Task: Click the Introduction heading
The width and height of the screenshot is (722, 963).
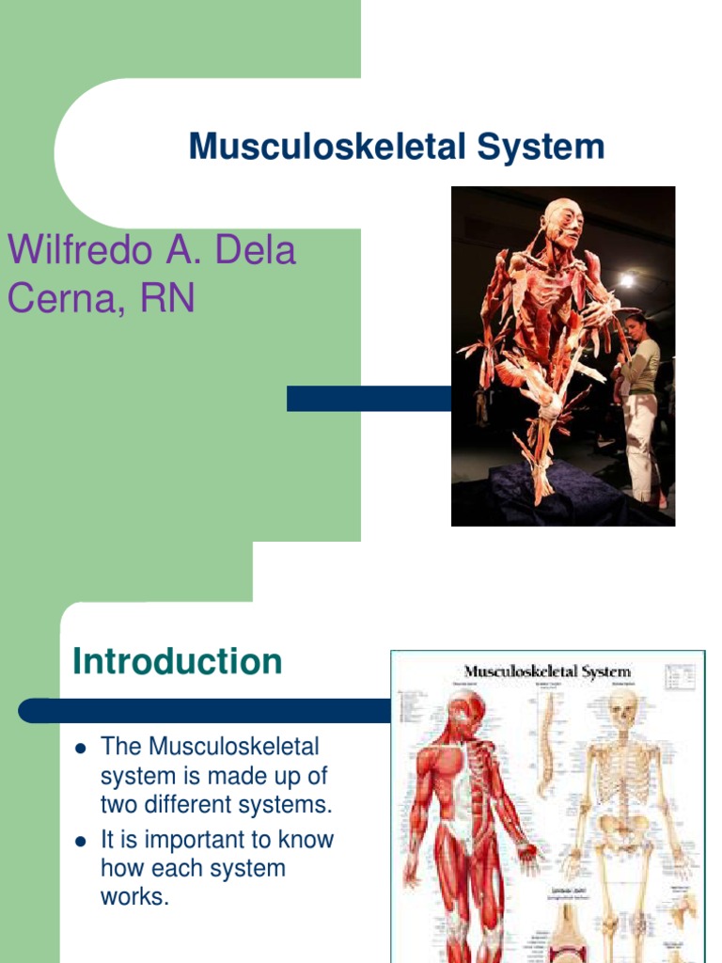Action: pyautogui.click(x=177, y=662)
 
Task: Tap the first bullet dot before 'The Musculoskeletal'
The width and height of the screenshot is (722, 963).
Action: pyautogui.click(x=80, y=749)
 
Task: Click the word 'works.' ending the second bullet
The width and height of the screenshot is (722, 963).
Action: pyautogui.click(x=134, y=896)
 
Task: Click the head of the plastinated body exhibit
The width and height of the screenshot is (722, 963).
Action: pyautogui.click(x=563, y=223)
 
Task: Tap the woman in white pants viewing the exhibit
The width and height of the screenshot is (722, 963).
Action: pyautogui.click(x=641, y=404)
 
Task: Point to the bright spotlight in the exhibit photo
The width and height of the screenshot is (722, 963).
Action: pyautogui.click(x=626, y=280)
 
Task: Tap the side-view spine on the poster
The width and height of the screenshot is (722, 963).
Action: pyautogui.click(x=546, y=743)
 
